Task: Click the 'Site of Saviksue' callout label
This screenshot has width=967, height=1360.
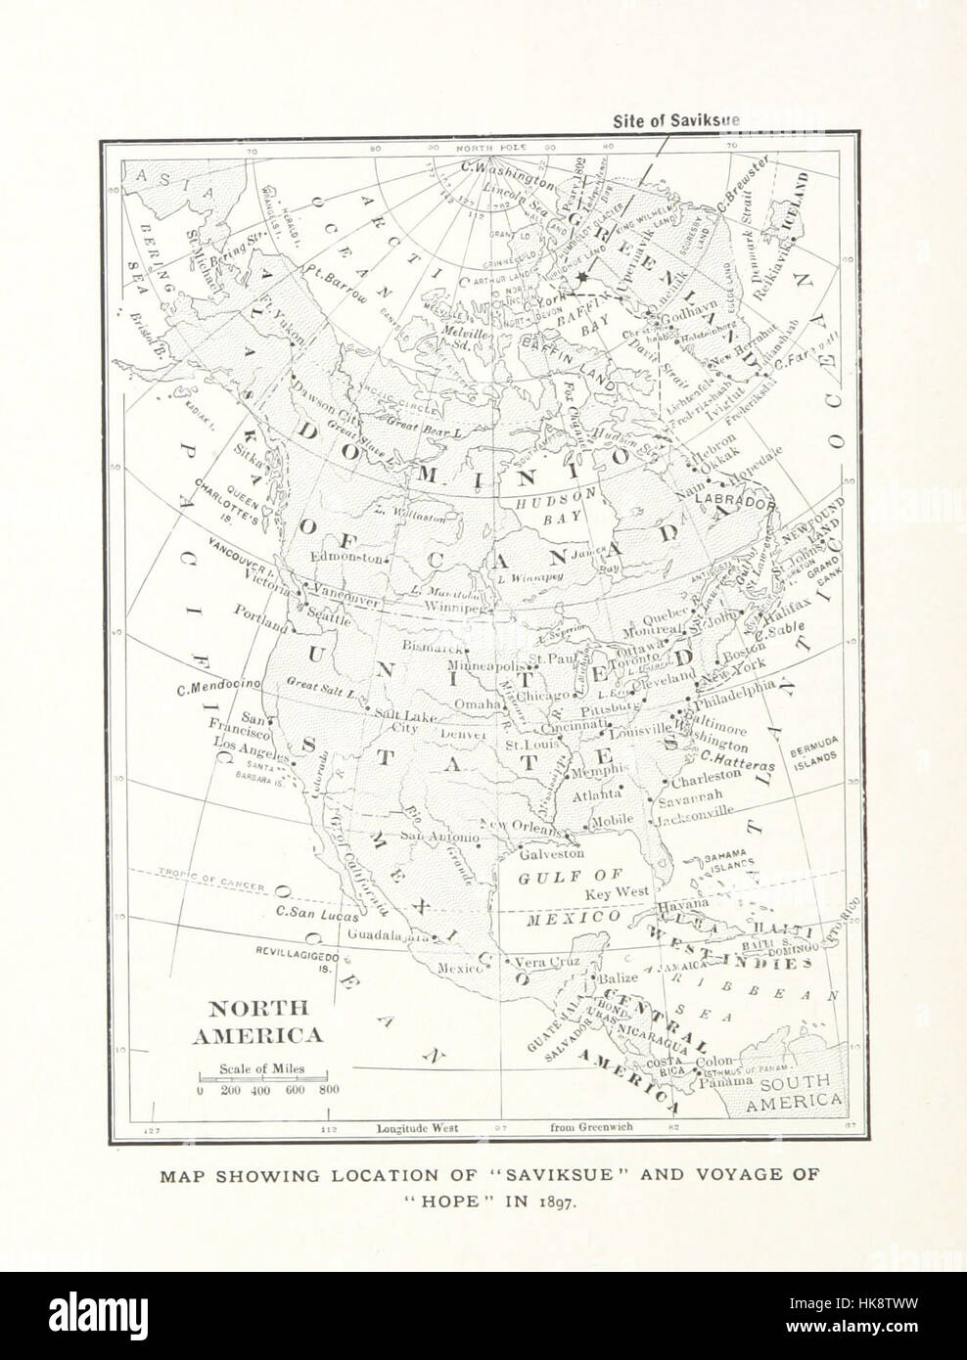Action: coord(676,121)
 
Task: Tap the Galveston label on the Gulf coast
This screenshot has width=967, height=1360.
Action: coord(551,852)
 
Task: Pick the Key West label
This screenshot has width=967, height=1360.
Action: coord(618,893)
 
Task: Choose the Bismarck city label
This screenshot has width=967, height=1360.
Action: coord(431,648)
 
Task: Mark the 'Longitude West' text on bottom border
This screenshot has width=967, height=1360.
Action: coord(418,1127)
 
